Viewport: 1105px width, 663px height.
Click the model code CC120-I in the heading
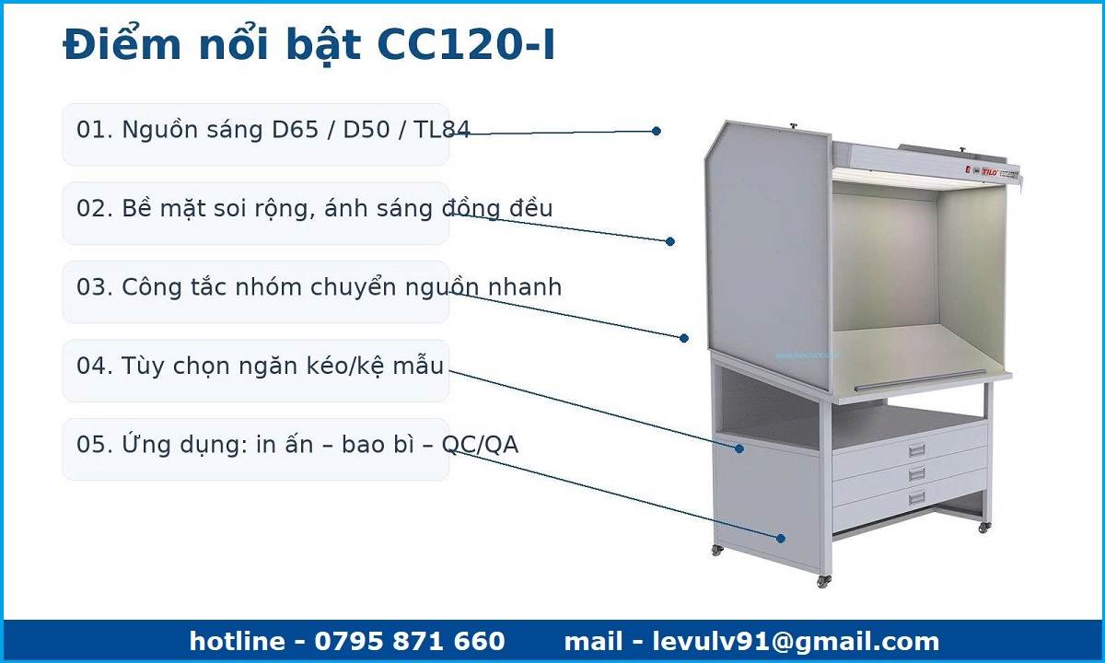tap(466, 45)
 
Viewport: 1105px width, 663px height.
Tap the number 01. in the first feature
tap(95, 130)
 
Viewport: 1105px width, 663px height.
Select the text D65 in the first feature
tap(295, 130)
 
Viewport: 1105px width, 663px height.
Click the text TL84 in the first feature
tap(441, 130)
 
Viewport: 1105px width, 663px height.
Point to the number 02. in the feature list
tap(95, 208)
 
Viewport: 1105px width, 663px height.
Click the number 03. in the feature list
tap(95, 287)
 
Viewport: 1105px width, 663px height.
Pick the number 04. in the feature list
tap(95, 366)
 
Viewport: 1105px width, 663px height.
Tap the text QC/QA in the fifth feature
tap(480, 445)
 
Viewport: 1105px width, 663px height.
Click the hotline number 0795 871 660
tap(410, 641)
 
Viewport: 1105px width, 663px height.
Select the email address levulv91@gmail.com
tap(796, 642)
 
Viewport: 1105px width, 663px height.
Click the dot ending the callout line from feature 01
tap(656, 131)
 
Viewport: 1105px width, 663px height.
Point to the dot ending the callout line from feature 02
tap(670, 241)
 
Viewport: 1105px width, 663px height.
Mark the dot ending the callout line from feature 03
tap(683, 338)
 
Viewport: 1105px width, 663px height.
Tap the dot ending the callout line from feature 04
tap(739, 448)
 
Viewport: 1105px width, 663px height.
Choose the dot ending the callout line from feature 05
tap(781, 538)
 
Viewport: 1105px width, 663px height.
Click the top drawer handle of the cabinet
tap(916, 449)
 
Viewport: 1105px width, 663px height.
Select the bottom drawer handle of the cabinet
tap(916, 497)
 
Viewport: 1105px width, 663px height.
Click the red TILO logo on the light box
tap(990, 172)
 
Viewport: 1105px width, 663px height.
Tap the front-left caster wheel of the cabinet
tap(823, 581)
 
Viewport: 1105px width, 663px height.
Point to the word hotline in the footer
tap(237, 641)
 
